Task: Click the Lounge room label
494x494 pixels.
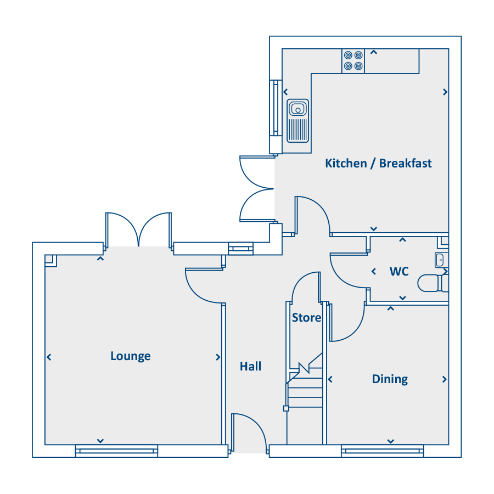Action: (x=131, y=356)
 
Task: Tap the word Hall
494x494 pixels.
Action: (x=250, y=367)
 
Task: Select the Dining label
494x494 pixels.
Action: (x=390, y=379)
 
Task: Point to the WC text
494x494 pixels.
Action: (x=399, y=271)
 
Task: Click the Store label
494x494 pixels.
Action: (x=306, y=318)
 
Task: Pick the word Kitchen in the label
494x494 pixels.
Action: (x=346, y=163)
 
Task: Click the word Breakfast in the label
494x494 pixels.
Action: (x=405, y=163)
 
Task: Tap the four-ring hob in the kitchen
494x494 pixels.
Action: (x=353, y=61)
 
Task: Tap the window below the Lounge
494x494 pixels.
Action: (x=116, y=451)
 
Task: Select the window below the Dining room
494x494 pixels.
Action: (x=383, y=451)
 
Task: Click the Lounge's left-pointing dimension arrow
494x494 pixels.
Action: (x=49, y=357)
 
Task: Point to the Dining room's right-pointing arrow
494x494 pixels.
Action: (x=445, y=379)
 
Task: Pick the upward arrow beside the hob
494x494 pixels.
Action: (x=374, y=52)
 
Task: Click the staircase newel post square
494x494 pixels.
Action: (x=286, y=408)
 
